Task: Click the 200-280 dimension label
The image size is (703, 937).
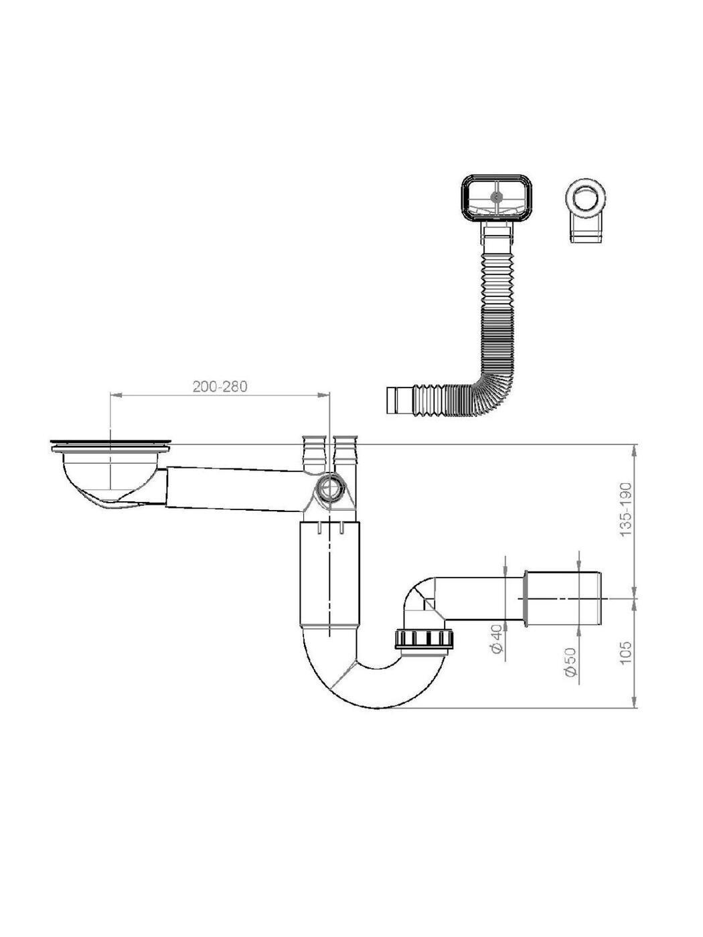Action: [x=220, y=387]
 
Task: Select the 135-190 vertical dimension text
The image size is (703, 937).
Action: [x=626, y=509]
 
